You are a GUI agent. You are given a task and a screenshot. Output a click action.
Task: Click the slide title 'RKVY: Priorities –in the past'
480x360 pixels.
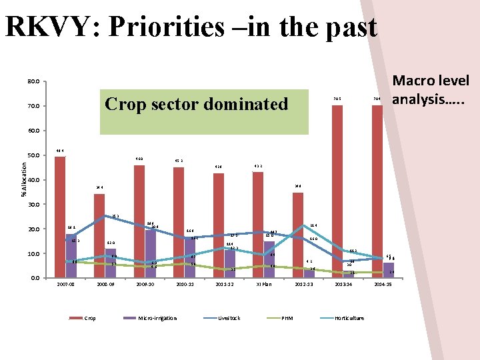pos(191,27)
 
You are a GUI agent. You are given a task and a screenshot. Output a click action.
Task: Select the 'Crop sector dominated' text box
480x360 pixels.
pos(197,104)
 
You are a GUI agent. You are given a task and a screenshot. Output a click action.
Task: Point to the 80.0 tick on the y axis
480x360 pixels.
pos(33,82)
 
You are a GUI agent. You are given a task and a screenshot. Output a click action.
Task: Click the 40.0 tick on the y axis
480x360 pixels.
pos(33,180)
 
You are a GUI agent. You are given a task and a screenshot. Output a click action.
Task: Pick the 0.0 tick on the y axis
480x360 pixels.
pos(35,278)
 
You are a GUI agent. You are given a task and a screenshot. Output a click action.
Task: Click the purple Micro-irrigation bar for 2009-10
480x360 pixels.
pos(151,253)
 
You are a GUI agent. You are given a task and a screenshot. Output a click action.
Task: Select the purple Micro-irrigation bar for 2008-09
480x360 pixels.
pos(111,263)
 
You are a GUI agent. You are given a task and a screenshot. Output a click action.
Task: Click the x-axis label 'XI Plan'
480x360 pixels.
pos(264,285)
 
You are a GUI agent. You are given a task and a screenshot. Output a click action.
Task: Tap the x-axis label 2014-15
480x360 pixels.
pos(383,285)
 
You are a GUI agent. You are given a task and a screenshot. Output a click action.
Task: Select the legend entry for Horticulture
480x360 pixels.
pos(349,318)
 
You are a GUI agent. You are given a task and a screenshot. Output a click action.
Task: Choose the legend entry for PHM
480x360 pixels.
pos(287,318)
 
